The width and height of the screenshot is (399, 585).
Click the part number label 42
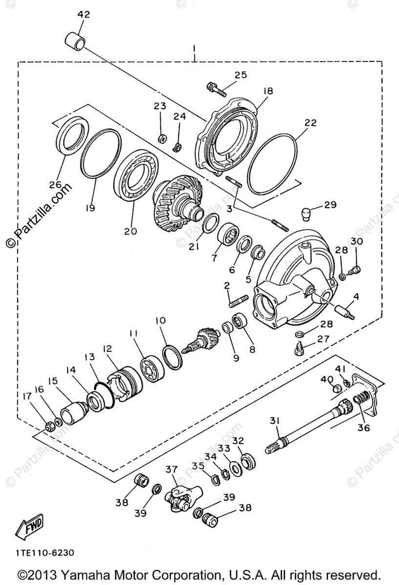(84, 15)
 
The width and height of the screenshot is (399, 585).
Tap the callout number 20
(130, 231)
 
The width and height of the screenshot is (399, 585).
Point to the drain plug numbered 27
(299, 349)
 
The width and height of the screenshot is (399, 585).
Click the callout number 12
(107, 349)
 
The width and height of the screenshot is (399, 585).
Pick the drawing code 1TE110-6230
(44, 553)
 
